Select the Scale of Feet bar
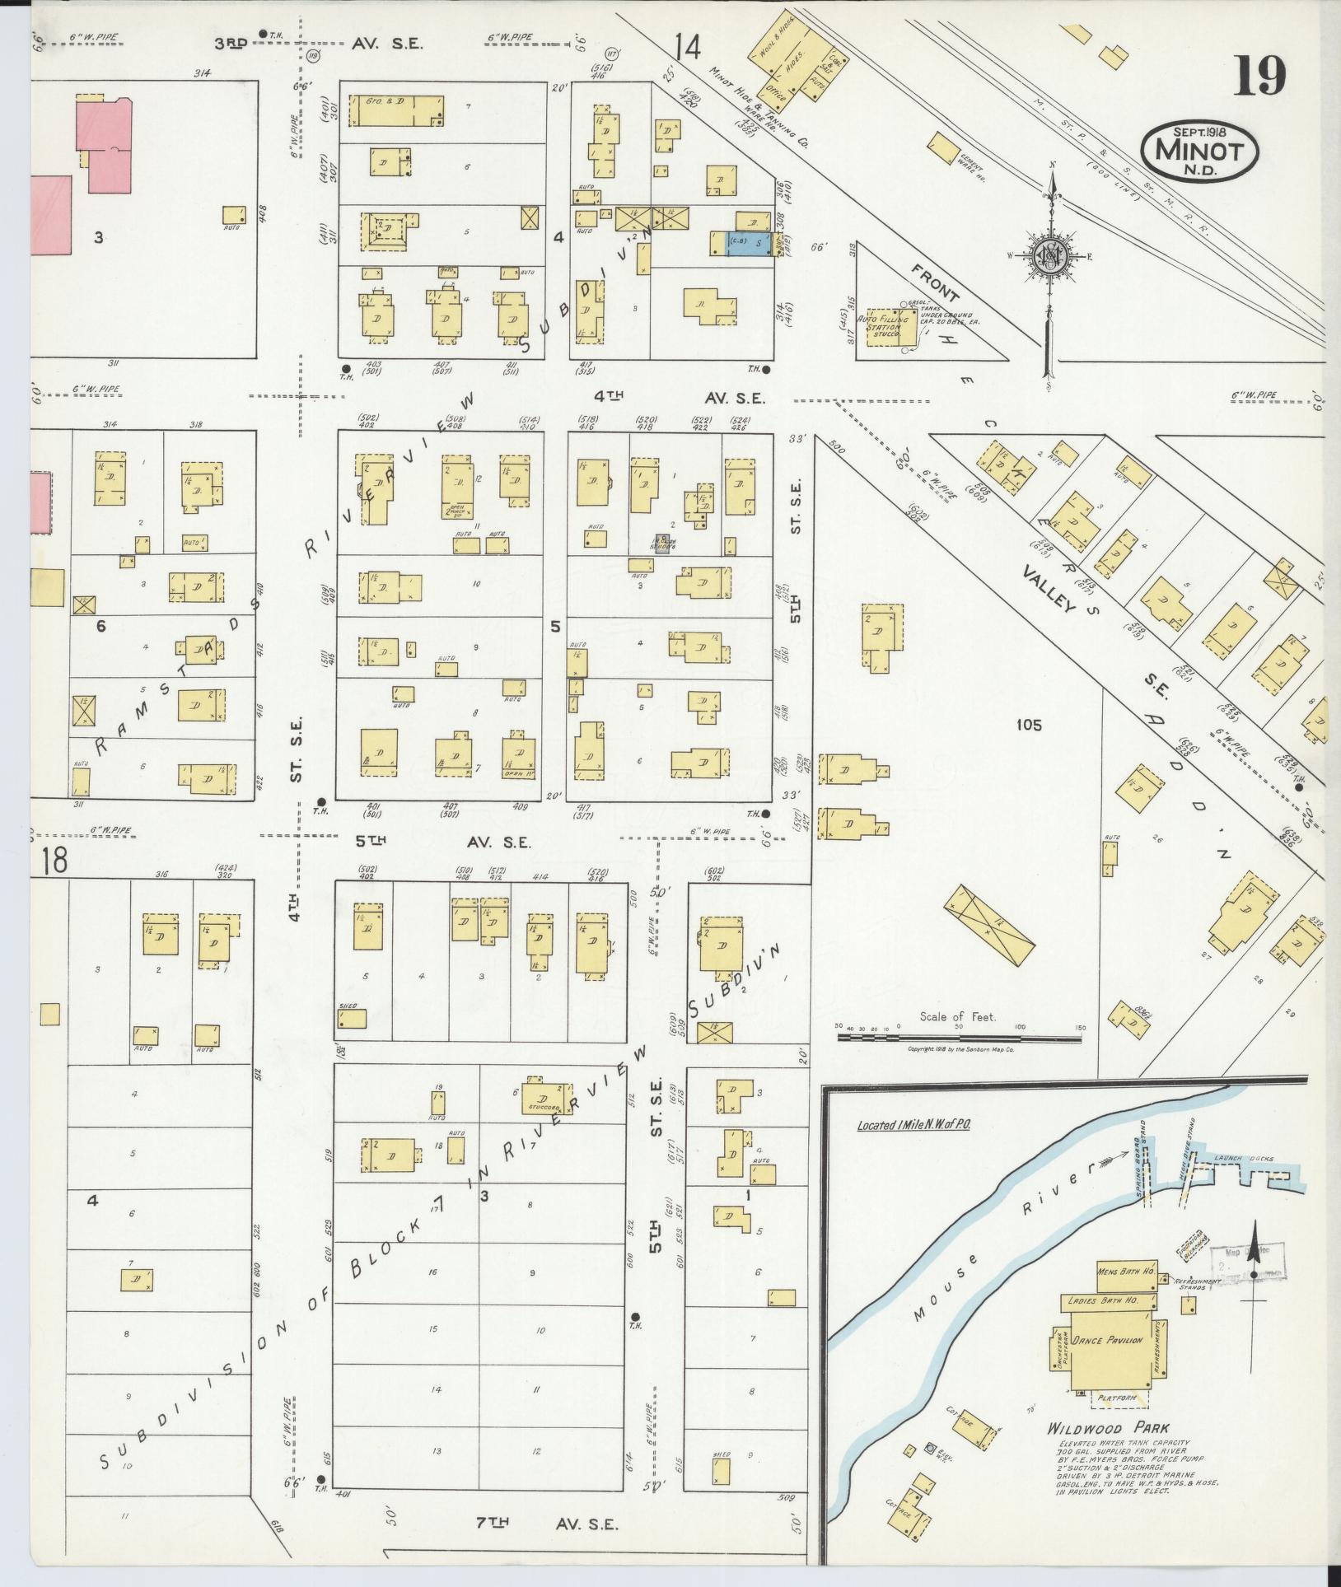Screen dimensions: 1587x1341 pos(960,1038)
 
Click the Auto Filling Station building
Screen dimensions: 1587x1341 pos(881,333)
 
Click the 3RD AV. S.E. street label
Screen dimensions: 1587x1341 pos(320,43)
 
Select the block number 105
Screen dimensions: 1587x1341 pos(1029,725)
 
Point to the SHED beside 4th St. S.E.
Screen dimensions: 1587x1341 pos(352,1018)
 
